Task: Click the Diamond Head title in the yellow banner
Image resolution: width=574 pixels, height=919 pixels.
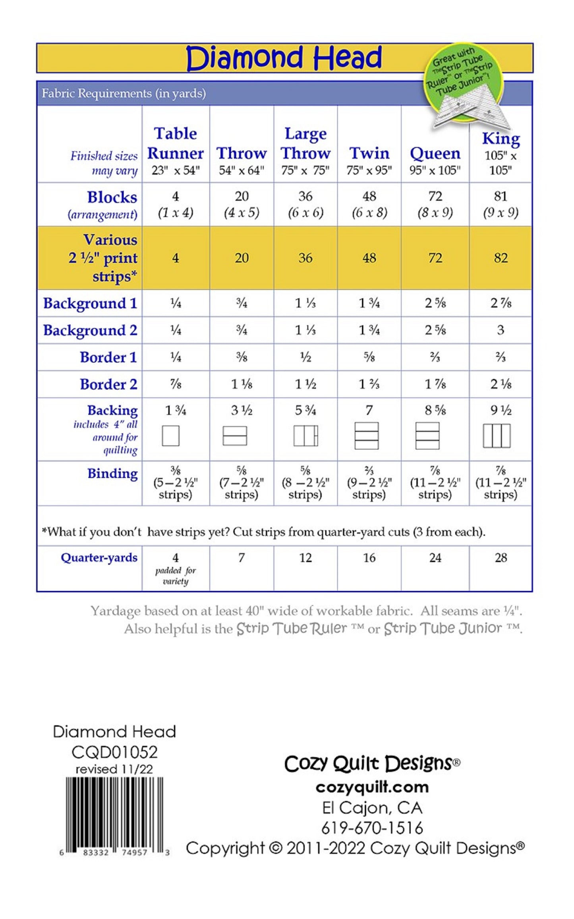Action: (x=284, y=58)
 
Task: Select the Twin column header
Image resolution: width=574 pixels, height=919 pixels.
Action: (x=369, y=153)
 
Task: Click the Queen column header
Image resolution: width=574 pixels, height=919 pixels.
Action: (x=435, y=153)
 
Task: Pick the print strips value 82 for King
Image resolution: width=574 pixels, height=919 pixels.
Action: (x=501, y=258)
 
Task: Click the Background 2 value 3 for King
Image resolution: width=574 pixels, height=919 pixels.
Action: (x=501, y=330)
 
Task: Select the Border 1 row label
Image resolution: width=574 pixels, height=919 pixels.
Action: (x=108, y=357)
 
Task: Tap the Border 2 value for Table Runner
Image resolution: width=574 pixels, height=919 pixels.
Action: (x=176, y=384)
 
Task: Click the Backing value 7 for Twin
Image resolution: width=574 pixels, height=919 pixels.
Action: (x=369, y=410)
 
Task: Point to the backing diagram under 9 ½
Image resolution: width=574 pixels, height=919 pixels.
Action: (x=497, y=436)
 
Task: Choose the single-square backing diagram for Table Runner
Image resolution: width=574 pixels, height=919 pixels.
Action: (x=171, y=436)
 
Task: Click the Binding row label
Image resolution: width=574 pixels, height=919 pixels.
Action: (x=112, y=473)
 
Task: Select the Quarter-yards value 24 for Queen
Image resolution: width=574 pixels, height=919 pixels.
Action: (x=435, y=557)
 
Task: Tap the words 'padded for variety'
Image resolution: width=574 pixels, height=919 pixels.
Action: (x=176, y=576)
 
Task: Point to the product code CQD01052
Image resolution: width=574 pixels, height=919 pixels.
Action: (x=114, y=752)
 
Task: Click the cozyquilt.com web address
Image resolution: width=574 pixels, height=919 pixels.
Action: (x=372, y=787)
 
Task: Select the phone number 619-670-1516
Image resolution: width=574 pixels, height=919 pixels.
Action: (x=372, y=828)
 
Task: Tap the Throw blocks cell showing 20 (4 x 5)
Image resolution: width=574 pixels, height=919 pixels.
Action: (x=242, y=204)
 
